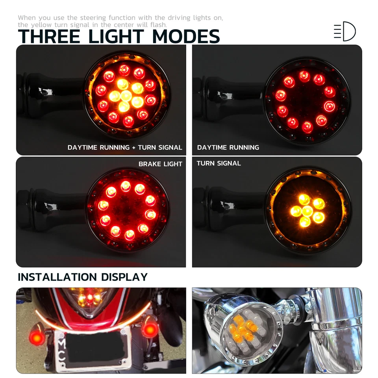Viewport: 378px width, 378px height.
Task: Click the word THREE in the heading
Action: [49, 36]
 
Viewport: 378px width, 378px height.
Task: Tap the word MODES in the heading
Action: [186, 36]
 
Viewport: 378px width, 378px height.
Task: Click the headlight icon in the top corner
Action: [345, 31]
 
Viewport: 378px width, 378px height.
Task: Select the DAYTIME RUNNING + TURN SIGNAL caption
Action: [125, 148]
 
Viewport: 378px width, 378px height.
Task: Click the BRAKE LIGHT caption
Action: [160, 164]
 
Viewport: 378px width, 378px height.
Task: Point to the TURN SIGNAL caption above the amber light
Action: [219, 163]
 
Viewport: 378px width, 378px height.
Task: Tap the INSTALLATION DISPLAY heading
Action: [83, 277]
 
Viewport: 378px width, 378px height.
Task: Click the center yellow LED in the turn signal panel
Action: [308, 211]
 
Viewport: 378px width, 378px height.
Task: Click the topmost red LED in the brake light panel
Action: [126, 185]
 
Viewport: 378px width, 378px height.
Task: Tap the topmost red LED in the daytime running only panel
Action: [304, 76]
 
